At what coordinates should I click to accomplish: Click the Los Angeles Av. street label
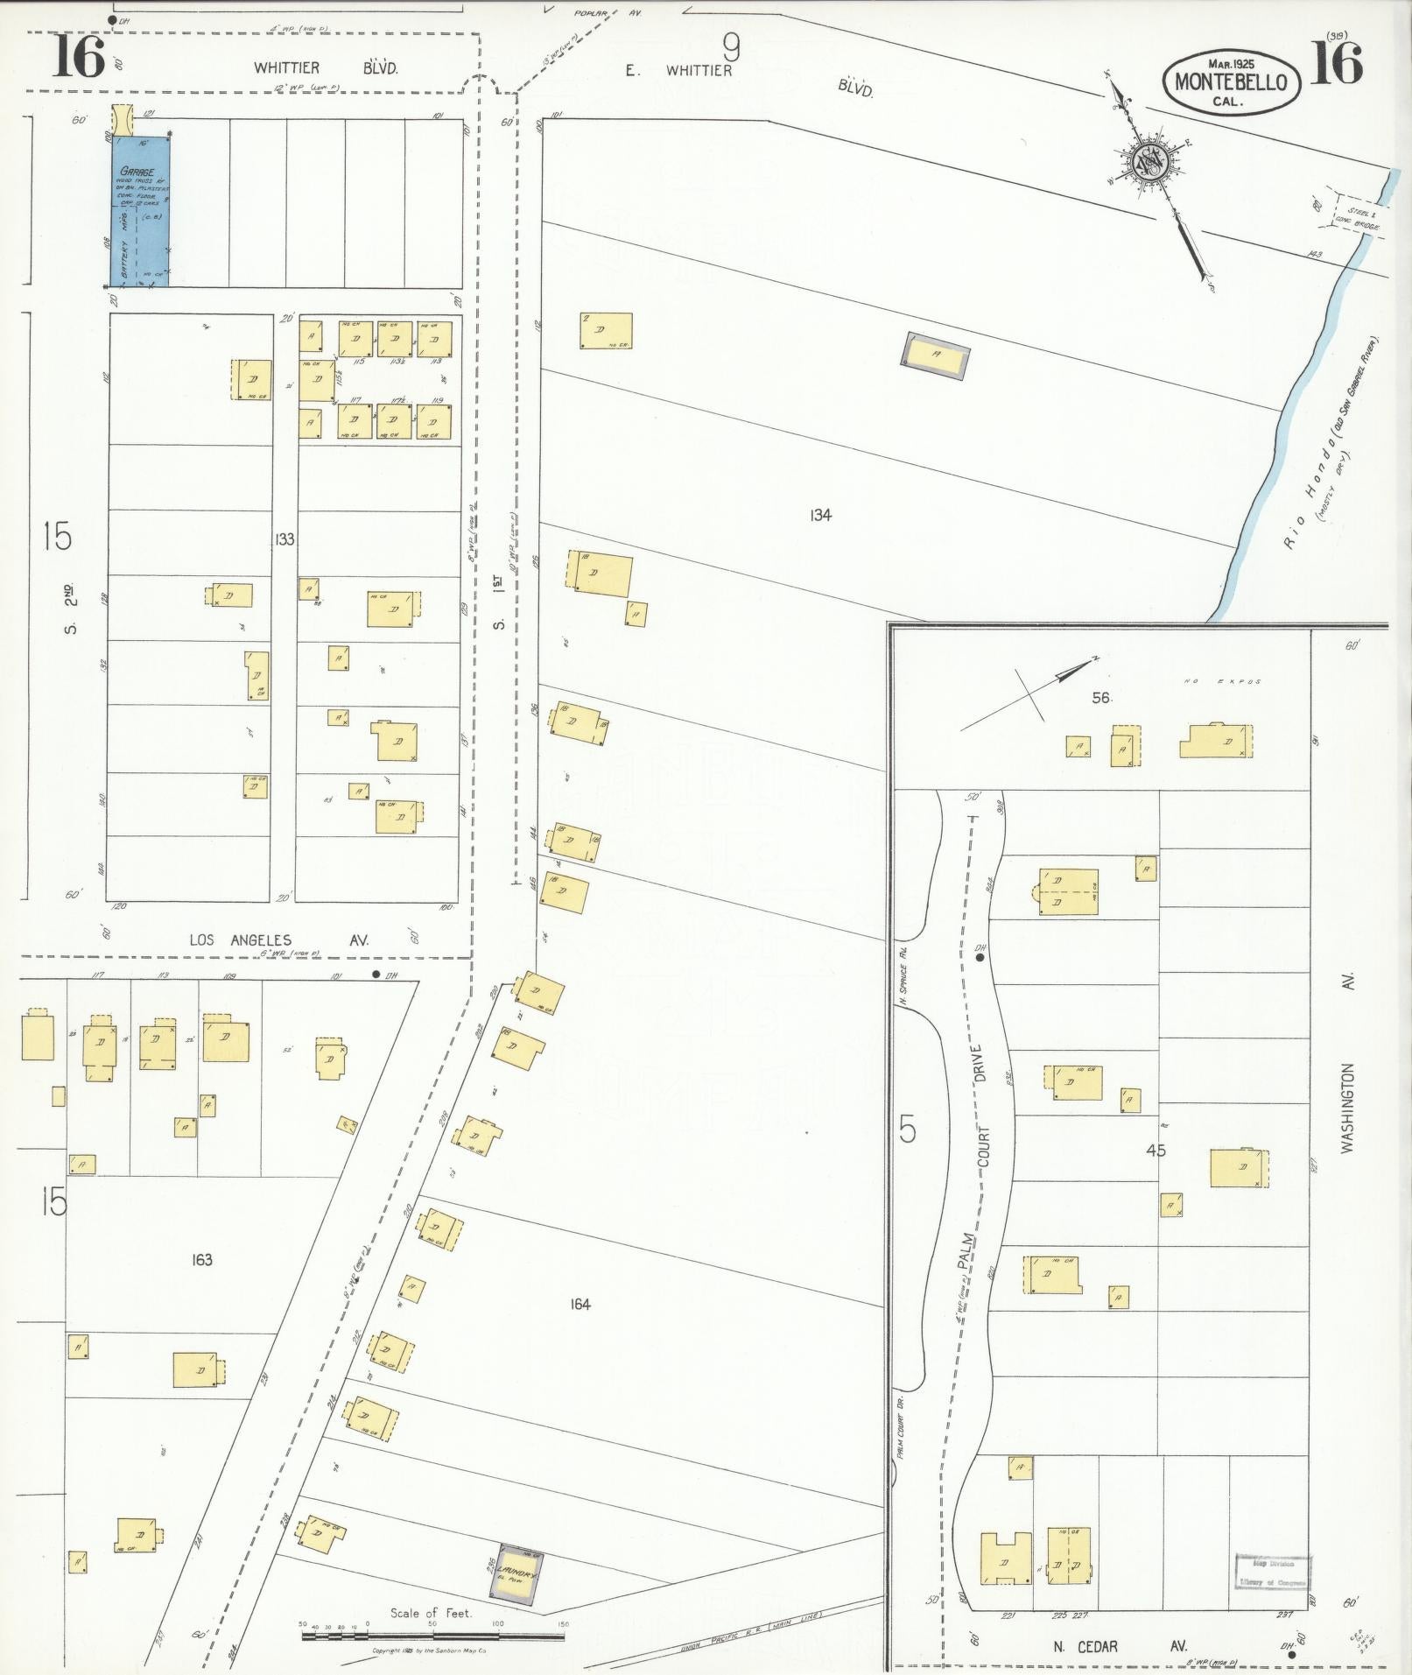point(279,940)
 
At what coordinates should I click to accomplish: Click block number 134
point(819,516)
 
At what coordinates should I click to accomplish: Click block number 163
point(201,1260)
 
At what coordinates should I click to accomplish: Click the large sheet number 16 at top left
point(77,60)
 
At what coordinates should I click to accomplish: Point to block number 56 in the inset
point(1100,698)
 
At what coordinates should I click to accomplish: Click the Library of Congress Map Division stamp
point(1273,1572)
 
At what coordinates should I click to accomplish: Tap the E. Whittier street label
point(678,71)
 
